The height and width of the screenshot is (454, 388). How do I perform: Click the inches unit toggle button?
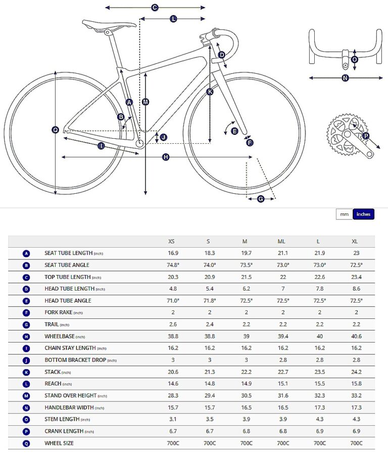(363, 214)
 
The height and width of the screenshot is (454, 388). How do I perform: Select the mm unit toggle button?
(344, 214)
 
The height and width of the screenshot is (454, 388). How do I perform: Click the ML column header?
(283, 242)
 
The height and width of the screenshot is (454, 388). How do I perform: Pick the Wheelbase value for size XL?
(357, 336)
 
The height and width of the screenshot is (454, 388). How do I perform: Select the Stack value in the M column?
(246, 372)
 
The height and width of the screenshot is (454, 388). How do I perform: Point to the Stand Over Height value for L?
(319, 395)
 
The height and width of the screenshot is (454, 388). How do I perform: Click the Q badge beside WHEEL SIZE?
(26, 443)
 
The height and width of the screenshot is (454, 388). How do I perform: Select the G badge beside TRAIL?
(26, 324)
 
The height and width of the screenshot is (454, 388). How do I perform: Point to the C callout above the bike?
(155, 8)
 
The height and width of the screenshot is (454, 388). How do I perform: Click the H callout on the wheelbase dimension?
(166, 157)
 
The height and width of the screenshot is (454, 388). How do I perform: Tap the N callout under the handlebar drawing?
(345, 78)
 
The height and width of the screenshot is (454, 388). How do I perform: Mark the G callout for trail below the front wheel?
(261, 199)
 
